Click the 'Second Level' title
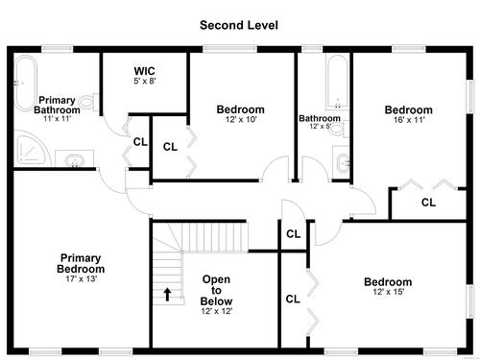coord(239,25)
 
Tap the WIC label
coord(144,71)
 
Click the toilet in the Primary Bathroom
coord(89,102)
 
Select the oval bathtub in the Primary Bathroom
coord(26,84)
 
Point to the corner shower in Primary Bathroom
coord(32,149)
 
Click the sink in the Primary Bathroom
coord(75,159)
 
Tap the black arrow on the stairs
coord(167,295)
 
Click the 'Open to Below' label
coord(216,290)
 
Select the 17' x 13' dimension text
coord(81,278)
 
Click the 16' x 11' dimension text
coord(409,120)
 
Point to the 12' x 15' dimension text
coord(388,292)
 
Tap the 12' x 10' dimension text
coord(241,119)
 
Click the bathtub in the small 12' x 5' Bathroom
coord(338,83)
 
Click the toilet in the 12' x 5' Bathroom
coord(339,129)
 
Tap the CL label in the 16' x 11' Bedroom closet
coord(428,203)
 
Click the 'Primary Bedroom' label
coord(81,263)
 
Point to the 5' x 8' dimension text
coord(145,81)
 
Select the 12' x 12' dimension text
coord(217,311)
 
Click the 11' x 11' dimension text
coord(57,118)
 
